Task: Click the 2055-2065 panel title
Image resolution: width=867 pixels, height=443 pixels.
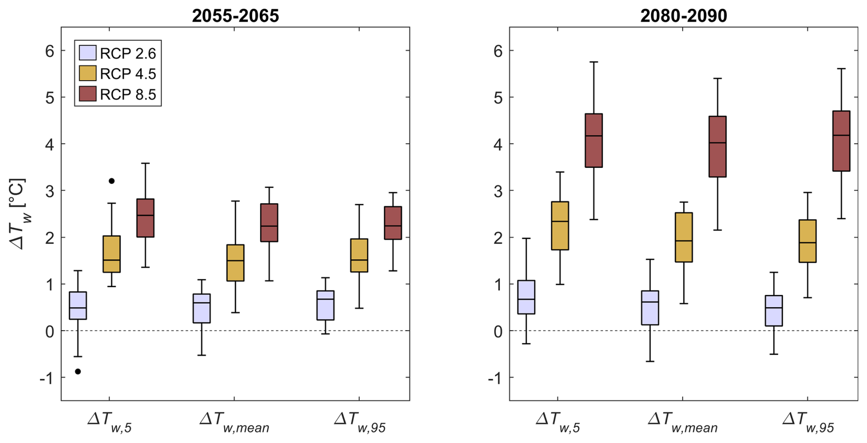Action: click(235, 16)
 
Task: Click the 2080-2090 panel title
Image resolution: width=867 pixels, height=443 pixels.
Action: click(683, 16)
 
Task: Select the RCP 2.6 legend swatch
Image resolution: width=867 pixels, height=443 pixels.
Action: click(88, 53)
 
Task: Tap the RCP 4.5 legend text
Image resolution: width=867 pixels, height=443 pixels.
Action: click(128, 74)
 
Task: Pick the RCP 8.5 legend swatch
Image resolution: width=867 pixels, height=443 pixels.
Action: click(88, 94)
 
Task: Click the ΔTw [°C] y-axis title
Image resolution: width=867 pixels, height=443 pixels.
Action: click(19, 214)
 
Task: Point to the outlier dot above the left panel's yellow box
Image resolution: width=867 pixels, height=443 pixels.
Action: click(111, 181)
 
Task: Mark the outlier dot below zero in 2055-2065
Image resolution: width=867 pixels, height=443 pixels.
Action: click(78, 371)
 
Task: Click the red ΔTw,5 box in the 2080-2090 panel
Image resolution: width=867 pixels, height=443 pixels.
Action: click(594, 140)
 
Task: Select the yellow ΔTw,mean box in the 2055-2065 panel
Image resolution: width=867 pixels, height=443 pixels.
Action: click(236, 263)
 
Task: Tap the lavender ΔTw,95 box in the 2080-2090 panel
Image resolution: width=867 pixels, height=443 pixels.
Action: click(774, 310)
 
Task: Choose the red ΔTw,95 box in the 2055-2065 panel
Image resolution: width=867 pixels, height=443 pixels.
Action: click(393, 223)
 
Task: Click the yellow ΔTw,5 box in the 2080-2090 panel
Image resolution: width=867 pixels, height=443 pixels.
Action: click(560, 226)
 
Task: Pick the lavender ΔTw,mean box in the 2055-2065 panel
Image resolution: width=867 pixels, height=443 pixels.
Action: click(202, 308)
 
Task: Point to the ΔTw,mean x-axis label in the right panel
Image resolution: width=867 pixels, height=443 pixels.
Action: click(682, 422)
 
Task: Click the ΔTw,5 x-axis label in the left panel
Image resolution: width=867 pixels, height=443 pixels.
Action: click(110, 422)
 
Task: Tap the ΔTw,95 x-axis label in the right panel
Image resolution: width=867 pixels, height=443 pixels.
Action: click(808, 422)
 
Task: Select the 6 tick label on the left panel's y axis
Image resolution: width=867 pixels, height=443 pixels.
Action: click(49, 51)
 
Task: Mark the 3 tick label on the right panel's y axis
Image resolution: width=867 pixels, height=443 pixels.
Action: click(498, 191)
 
